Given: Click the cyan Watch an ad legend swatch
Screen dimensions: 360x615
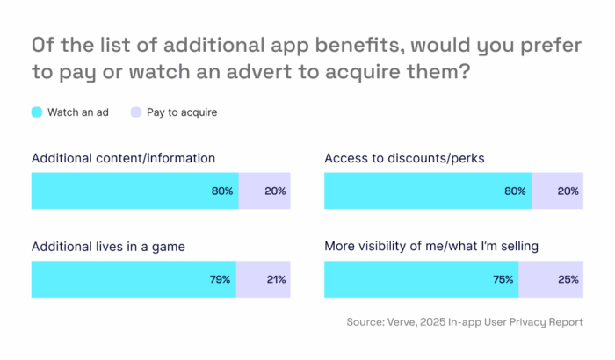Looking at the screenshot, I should click(37, 112).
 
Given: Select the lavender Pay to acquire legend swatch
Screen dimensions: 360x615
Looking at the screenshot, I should click(134, 112).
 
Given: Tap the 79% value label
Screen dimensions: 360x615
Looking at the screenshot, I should click(220, 280).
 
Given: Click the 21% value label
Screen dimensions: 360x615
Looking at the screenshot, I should click(275, 280).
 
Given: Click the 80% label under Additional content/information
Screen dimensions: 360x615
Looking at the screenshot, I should click(222, 191).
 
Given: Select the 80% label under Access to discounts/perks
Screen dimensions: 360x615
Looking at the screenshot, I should click(516, 191).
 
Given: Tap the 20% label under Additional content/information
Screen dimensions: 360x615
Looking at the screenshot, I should click(275, 191).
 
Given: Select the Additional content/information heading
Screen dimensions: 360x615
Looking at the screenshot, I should click(123, 158).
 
